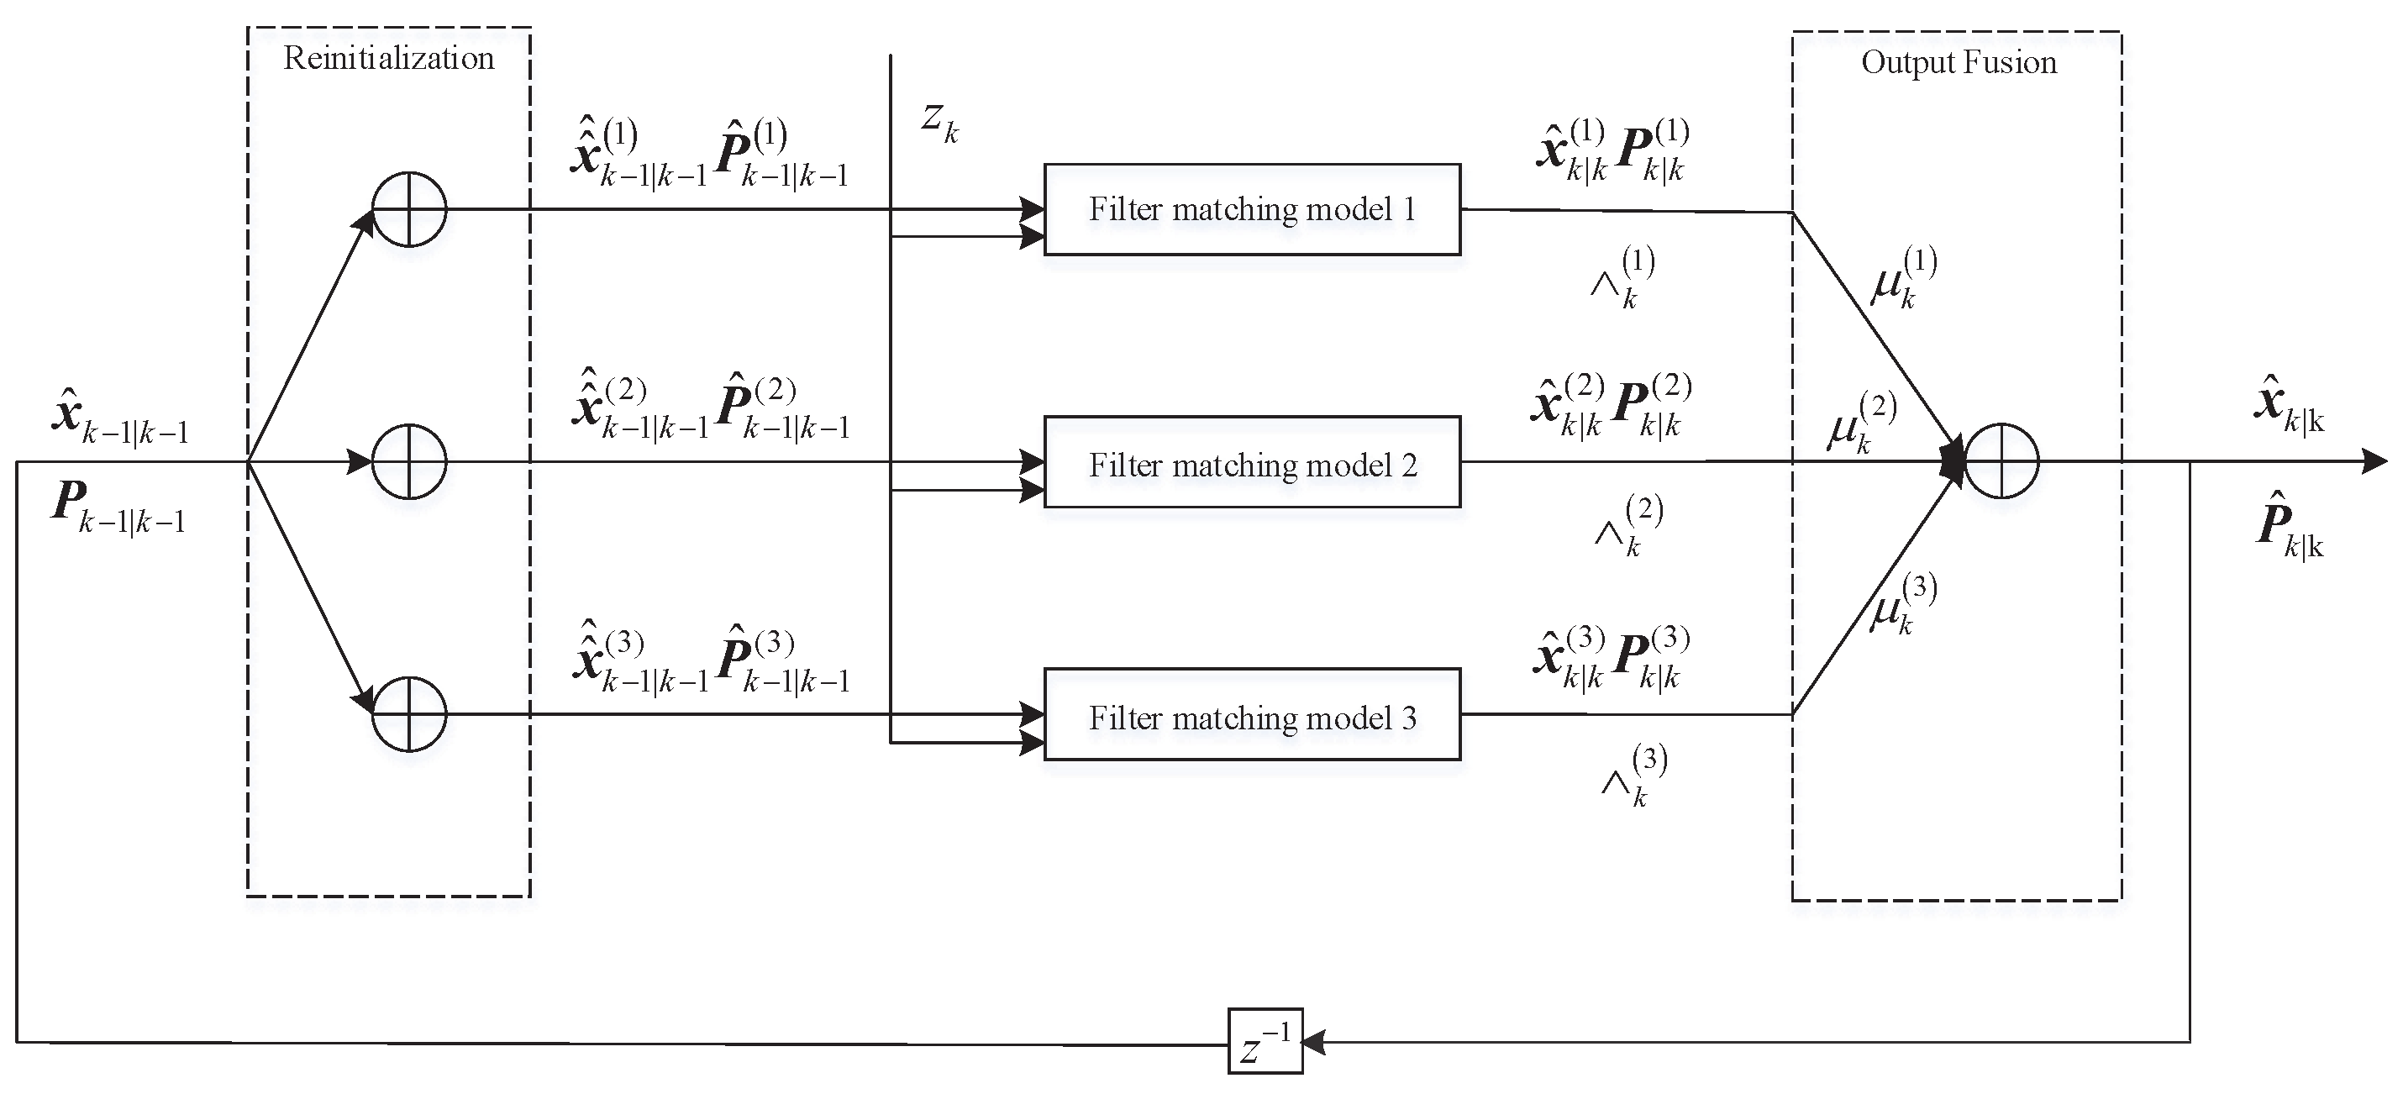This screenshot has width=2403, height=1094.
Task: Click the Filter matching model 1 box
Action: pos(1251,209)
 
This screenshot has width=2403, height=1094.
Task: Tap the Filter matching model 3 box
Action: pos(1251,715)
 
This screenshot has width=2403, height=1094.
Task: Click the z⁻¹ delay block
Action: pos(1264,1041)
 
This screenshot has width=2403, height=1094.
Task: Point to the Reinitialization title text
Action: pos(388,59)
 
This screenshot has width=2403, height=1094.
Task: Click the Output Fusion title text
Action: pos(1958,62)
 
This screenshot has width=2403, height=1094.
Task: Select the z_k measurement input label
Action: pos(939,121)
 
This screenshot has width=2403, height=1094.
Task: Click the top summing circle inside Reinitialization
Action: pos(408,209)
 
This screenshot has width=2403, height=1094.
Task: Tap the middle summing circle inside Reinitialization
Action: pos(408,461)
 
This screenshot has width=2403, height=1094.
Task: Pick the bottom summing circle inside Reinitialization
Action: pos(408,714)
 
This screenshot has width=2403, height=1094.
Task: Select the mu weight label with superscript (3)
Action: pos(1901,605)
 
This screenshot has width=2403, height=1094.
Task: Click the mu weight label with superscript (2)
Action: pos(1860,423)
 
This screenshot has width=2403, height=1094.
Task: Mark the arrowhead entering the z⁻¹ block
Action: pos(1313,1042)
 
